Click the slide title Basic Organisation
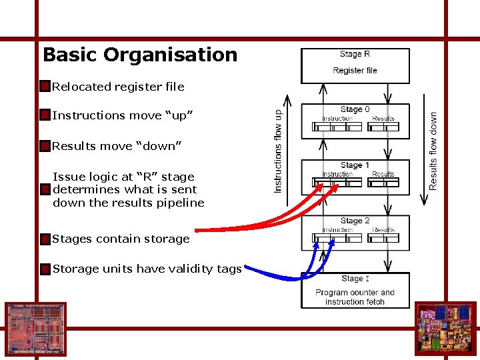tap(140, 55)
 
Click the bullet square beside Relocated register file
tap(45, 87)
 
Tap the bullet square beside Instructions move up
tap(45, 115)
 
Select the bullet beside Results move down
tap(45, 146)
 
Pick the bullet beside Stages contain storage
tap(45, 239)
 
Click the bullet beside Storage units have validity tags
tap(45, 269)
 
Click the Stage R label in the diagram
tap(355, 55)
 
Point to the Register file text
tap(355, 71)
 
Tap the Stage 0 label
tap(355, 109)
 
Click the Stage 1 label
tap(355, 165)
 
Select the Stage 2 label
tap(355, 221)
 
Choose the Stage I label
tap(355, 279)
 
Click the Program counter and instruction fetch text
tap(355, 297)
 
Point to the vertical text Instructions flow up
tap(278, 151)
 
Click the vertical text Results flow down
tap(434, 151)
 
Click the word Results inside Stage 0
tap(383, 119)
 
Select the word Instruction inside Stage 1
tap(337, 175)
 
